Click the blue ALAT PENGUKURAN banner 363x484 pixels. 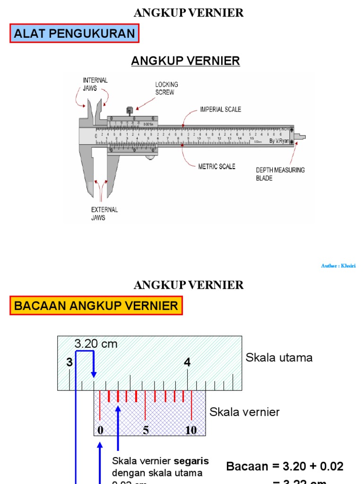(x=75, y=34)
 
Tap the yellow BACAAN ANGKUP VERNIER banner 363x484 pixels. (x=96, y=305)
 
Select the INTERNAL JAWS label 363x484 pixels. (x=95, y=84)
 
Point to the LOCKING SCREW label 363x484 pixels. (x=167, y=88)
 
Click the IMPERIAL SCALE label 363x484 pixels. (x=220, y=109)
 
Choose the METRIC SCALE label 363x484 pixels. (x=216, y=166)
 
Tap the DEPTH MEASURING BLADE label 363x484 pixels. (x=280, y=174)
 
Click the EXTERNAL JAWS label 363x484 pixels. (x=104, y=214)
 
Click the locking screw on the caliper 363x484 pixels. (x=130, y=111)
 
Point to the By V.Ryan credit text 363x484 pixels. (x=279, y=141)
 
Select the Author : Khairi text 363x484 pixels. (x=338, y=266)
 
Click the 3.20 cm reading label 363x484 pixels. (x=95, y=344)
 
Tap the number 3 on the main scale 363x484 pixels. (x=69, y=363)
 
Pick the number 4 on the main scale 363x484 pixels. (x=188, y=363)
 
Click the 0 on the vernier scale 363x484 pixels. (x=100, y=430)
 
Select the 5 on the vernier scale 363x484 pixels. (x=146, y=430)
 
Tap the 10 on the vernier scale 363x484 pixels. (x=191, y=430)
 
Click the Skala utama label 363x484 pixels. (x=279, y=358)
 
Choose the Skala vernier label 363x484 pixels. (x=244, y=412)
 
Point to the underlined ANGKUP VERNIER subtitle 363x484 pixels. (x=185, y=61)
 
